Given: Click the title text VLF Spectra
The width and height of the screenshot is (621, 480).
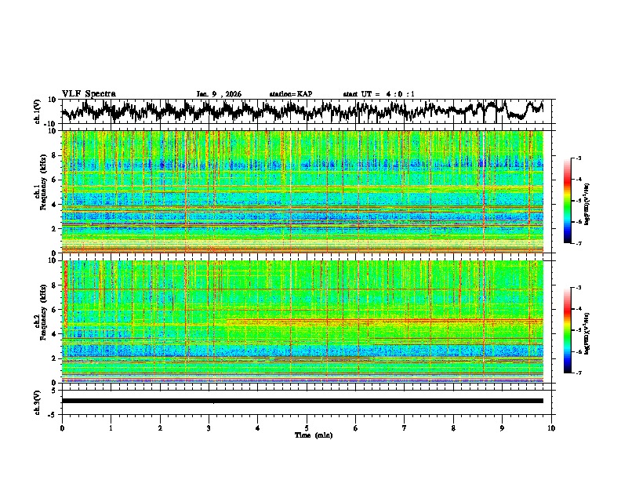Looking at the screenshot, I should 89,93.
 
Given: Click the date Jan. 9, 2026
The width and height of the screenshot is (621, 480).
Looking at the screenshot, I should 219,94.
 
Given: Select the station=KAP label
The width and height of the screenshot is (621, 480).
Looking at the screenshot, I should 290,94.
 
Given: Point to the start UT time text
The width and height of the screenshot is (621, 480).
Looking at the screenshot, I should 379,94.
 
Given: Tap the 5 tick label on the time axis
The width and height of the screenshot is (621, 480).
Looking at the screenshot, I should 307,427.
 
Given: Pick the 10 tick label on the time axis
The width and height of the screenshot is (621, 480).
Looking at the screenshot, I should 552,427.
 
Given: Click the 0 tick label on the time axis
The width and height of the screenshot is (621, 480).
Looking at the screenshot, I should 62,427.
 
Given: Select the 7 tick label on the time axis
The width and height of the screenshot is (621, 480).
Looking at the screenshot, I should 405,427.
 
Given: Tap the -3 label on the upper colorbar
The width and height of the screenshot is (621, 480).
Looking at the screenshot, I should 578,159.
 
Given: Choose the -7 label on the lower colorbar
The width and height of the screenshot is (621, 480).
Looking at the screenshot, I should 578,373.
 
